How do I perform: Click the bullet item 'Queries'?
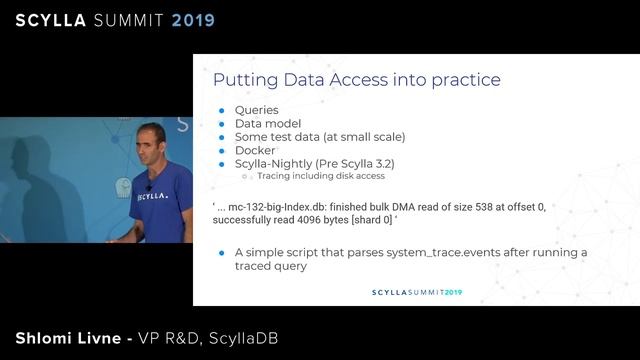tap(257, 110)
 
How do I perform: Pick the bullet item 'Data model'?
tap(268, 123)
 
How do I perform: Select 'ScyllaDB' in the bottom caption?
tap(244, 338)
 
